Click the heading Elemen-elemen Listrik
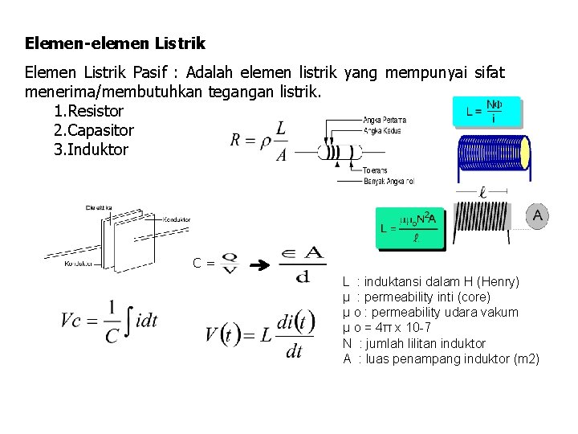pos(115,43)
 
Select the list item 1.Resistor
pos(88,111)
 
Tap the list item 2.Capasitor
pos(93,130)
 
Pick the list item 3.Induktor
pos(90,149)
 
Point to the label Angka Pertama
pos(385,120)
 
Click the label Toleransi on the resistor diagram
pos(375,170)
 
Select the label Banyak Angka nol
pos(389,182)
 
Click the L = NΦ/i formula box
pos(486,113)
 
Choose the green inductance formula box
pos(409,228)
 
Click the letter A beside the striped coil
pos(537,215)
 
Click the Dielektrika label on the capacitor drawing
pos(100,208)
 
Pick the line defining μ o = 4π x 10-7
pos(387,327)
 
